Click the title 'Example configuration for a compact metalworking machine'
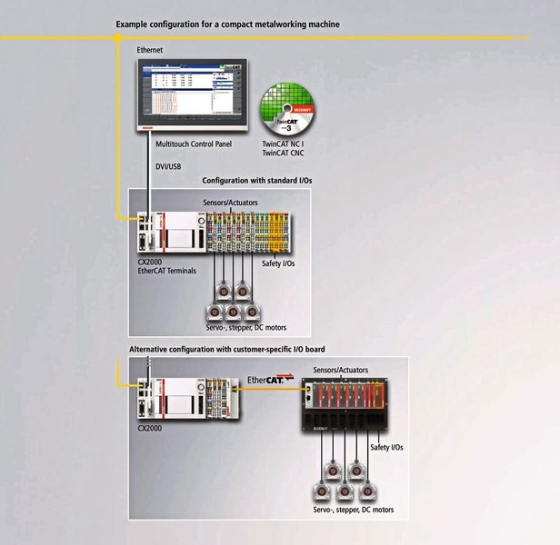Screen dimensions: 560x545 pyautogui.click(x=227, y=25)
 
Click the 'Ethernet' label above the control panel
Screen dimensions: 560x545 pyautogui.click(x=150, y=49)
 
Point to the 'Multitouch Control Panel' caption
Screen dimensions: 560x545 pyautogui.click(x=194, y=144)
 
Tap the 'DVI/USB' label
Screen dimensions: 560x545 pyautogui.click(x=169, y=167)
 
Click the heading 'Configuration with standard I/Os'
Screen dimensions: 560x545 pyautogui.click(x=256, y=181)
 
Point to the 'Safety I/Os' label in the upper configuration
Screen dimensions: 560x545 pyautogui.click(x=277, y=263)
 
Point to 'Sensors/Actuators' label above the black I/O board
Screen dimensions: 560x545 pyautogui.click(x=343, y=372)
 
